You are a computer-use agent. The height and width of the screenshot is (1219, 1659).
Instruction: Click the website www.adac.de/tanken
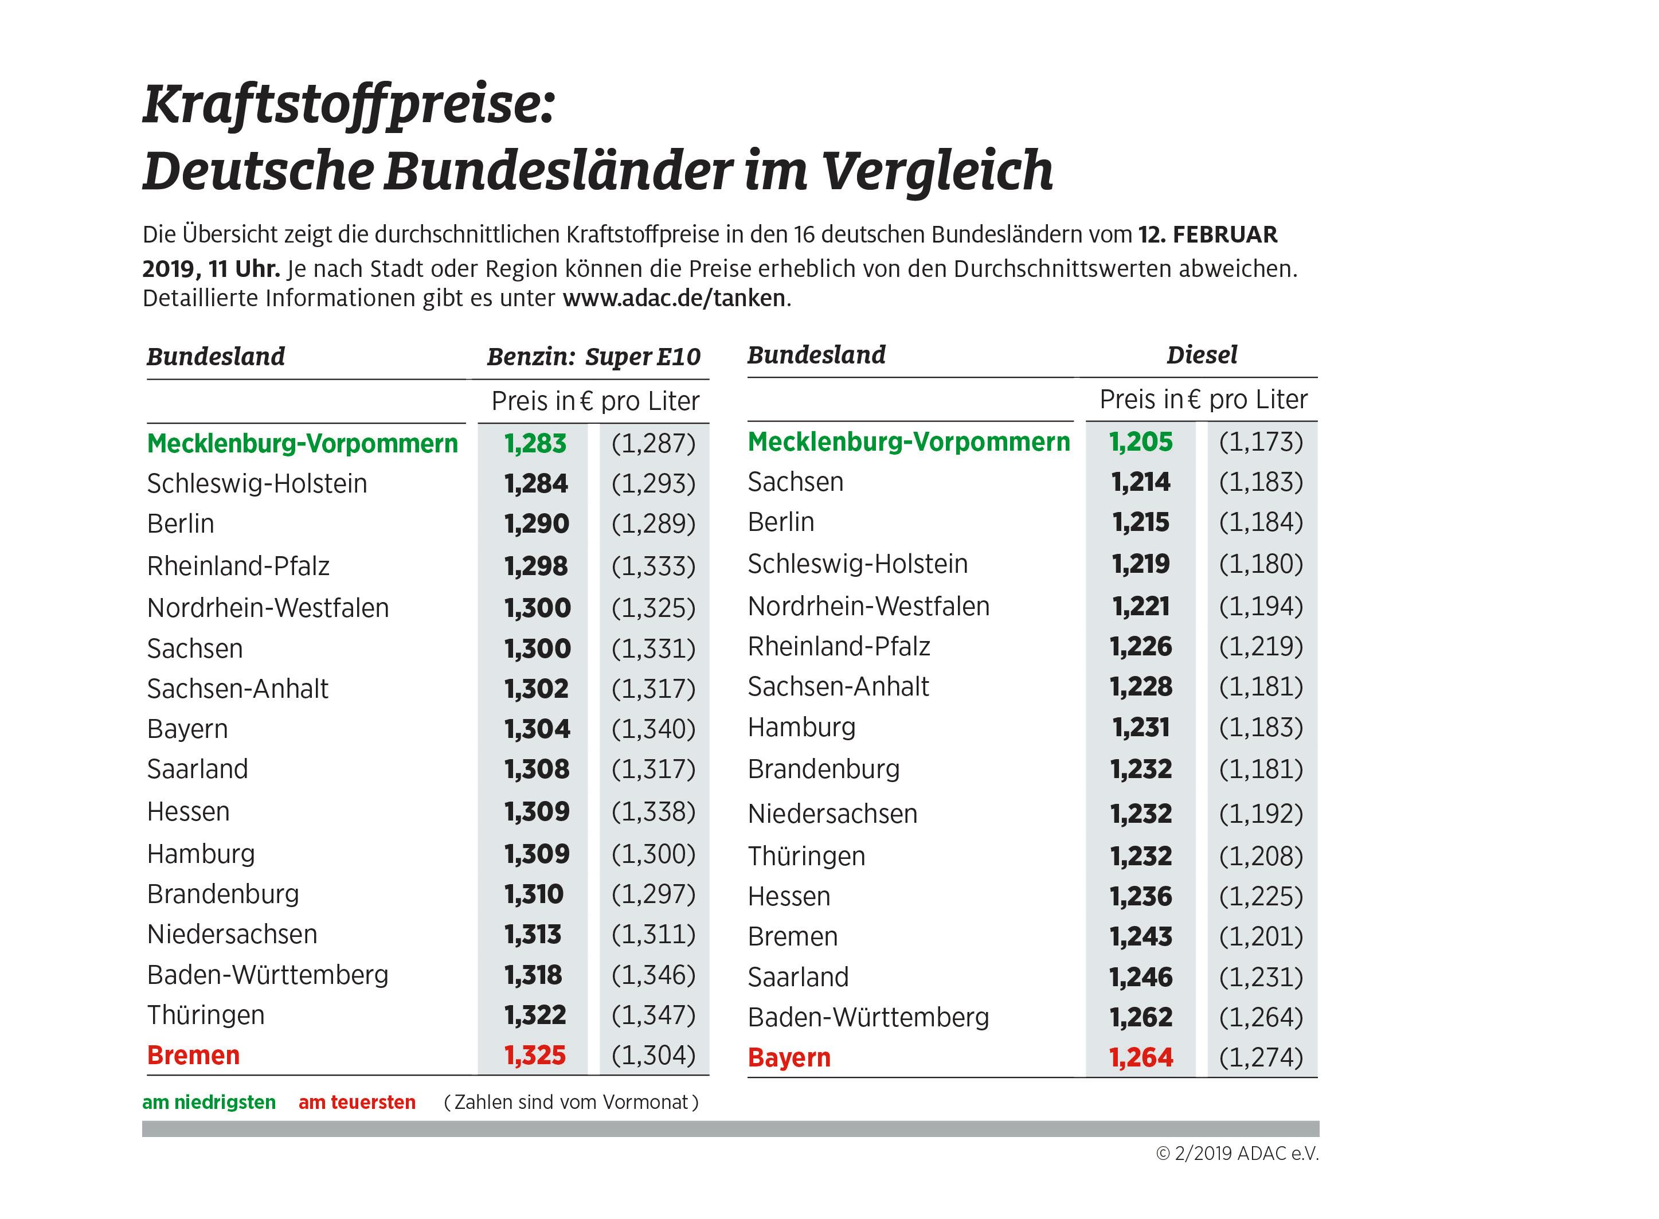(674, 298)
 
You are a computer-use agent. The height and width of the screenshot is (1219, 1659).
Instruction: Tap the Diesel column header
(1201, 355)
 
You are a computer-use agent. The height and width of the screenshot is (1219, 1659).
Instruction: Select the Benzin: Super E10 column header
(593, 357)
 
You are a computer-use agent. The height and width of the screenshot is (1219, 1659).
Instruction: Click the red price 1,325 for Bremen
(535, 1055)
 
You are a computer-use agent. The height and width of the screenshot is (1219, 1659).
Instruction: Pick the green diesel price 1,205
(1140, 442)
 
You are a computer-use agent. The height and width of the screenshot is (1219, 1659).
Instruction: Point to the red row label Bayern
(789, 1057)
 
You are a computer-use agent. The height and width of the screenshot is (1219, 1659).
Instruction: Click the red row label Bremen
(193, 1055)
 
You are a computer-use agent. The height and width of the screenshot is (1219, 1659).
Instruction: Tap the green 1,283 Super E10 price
(535, 443)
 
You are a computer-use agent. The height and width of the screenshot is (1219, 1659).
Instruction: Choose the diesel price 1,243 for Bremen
(1140, 936)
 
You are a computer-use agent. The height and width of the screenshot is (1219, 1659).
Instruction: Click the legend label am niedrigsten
(209, 1103)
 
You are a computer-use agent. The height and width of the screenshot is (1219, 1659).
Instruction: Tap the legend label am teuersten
(357, 1103)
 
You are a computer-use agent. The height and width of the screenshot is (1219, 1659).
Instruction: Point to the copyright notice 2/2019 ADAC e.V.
(1237, 1153)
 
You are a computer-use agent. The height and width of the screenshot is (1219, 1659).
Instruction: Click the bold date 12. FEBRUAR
(1207, 235)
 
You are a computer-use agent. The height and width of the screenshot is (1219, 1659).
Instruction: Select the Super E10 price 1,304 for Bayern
(537, 729)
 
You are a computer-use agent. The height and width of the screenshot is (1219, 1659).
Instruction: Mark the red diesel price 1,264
(1140, 1057)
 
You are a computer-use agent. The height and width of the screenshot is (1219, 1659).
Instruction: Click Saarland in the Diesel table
(797, 977)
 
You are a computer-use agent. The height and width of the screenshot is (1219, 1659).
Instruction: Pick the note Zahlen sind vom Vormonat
(571, 1103)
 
